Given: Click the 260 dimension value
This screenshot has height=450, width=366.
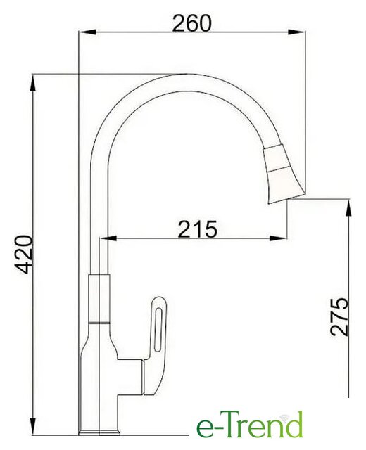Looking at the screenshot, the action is tap(192, 23).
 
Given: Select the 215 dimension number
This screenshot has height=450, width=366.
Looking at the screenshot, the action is tap(197, 229).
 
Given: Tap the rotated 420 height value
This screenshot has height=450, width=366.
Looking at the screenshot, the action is tap(24, 255).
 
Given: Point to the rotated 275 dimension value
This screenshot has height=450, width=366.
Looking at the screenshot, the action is tap(339, 316).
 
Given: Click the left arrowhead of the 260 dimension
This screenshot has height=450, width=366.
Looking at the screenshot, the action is tap(87, 32).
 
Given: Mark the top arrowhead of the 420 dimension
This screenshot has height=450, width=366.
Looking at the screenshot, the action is tap(34, 84).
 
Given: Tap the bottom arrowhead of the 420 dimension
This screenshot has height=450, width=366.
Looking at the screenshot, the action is tap(34, 427).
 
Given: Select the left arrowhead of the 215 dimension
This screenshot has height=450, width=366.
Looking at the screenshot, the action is tap(108, 238).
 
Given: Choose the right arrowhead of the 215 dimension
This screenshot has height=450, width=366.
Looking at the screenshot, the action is tap(279, 238).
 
